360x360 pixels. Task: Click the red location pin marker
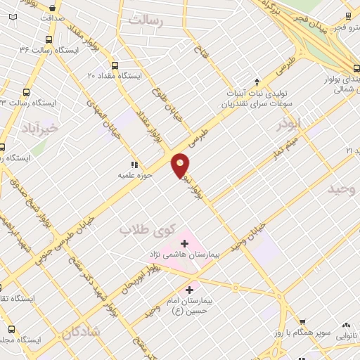pyautogui.click(x=181, y=165)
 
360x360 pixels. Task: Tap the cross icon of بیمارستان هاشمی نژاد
pyautogui.click(x=184, y=243)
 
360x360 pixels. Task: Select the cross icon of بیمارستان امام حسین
pyautogui.click(x=189, y=289)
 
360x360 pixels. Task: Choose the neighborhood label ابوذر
pyautogui.click(x=288, y=125)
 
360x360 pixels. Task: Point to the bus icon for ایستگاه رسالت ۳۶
pyautogui.click(x=48, y=39)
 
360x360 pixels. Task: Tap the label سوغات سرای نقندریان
pyautogui.click(x=256, y=104)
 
